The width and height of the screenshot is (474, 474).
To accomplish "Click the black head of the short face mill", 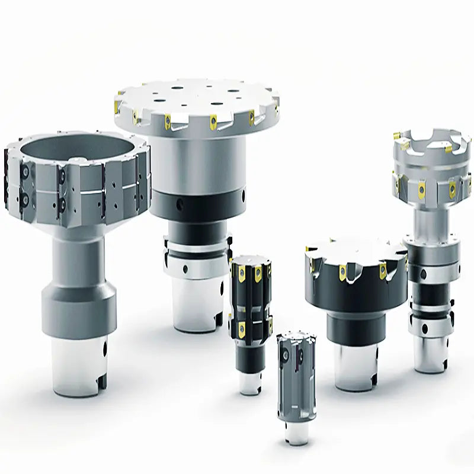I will click(x=355, y=278).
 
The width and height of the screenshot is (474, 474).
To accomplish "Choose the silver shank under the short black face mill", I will click(x=355, y=367).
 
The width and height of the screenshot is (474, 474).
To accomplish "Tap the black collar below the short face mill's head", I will click(x=355, y=329).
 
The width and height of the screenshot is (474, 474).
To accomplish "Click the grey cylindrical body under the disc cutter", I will click(x=196, y=166).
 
